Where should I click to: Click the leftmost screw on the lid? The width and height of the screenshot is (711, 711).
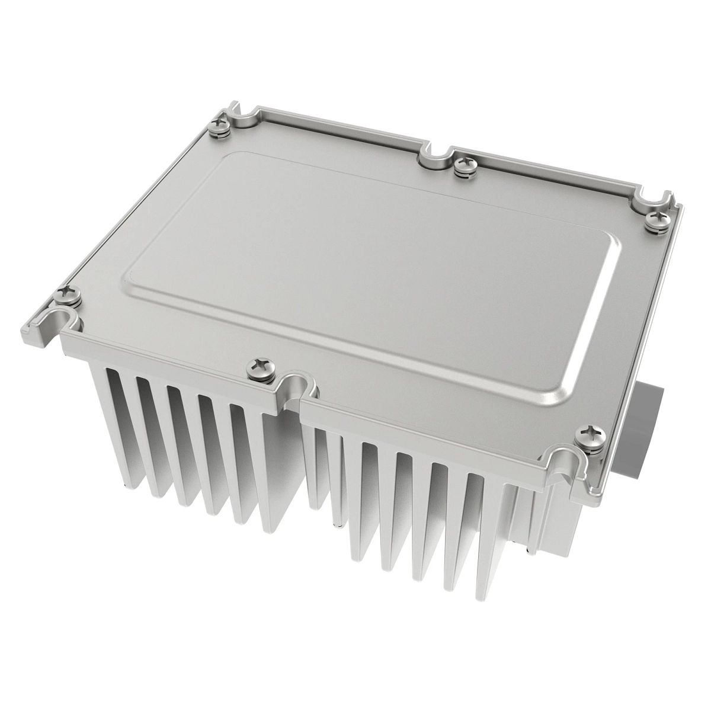tap(63, 293)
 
